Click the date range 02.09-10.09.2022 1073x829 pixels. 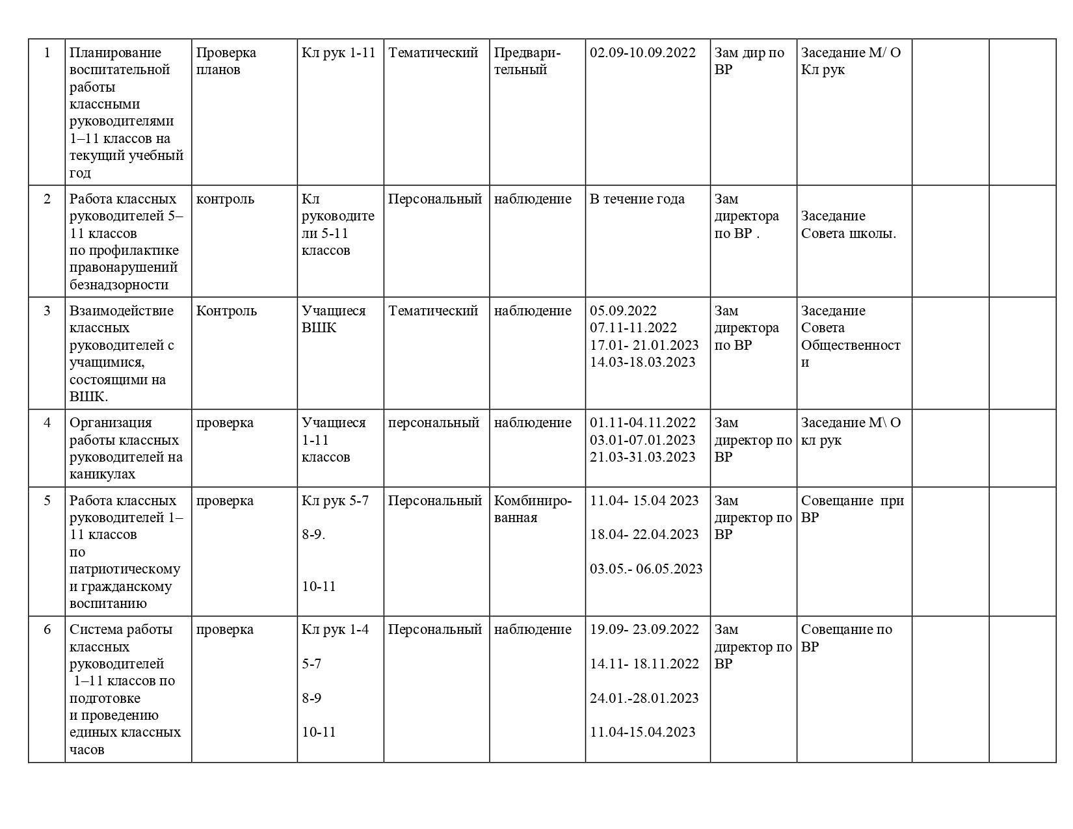point(642,53)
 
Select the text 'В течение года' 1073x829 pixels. point(637,199)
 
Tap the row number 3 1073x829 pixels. point(47,311)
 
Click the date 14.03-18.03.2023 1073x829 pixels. point(642,362)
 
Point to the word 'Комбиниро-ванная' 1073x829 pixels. point(533,509)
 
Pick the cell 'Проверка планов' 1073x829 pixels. point(226,61)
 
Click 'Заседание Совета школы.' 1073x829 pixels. point(848,224)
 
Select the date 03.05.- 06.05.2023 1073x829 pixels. point(646,569)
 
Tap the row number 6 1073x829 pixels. point(47,629)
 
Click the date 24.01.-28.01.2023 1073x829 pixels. point(644,698)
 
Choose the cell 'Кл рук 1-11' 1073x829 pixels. point(338,53)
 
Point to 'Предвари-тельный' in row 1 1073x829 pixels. point(527,61)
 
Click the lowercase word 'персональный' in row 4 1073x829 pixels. point(433,423)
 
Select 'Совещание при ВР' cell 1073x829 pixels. point(852,509)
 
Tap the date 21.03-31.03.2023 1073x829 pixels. point(642,457)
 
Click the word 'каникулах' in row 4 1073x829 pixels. point(102,474)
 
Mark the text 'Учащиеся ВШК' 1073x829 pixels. point(333,319)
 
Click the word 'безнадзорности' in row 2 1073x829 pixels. point(118,285)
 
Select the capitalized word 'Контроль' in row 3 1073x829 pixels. point(226,311)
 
